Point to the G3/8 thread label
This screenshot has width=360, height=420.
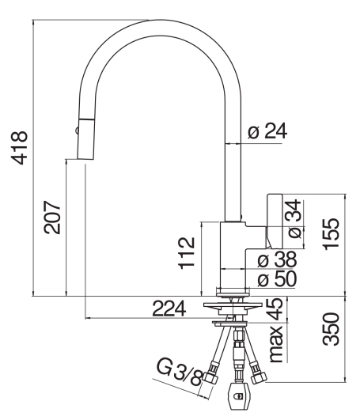[x=180, y=372]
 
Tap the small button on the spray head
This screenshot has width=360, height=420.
[x=77, y=126]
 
